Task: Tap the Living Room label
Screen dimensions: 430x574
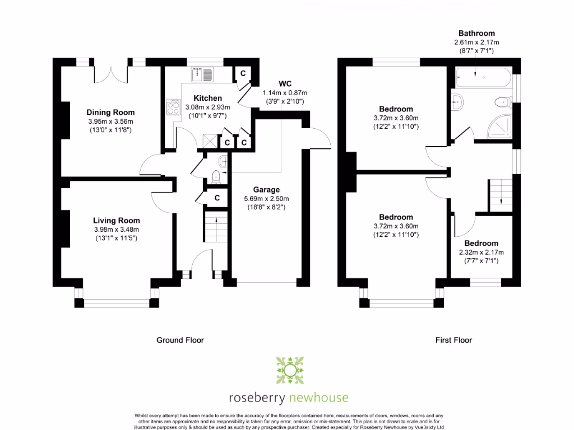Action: coord(117,221)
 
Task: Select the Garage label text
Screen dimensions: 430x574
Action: coord(266,190)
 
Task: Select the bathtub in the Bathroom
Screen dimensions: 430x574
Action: coord(483,77)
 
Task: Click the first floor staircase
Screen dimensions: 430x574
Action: coord(501,194)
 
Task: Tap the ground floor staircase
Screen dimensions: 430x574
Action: coord(213,229)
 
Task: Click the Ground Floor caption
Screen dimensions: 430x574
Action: coord(179,340)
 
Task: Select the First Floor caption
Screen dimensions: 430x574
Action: coord(454,340)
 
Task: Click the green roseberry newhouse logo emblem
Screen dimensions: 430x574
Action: coord(289,370)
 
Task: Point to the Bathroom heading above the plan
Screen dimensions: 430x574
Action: coord(476,34)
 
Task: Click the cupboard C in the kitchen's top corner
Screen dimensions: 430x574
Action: coord(243,73)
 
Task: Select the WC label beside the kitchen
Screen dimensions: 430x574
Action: coord(286,84)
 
